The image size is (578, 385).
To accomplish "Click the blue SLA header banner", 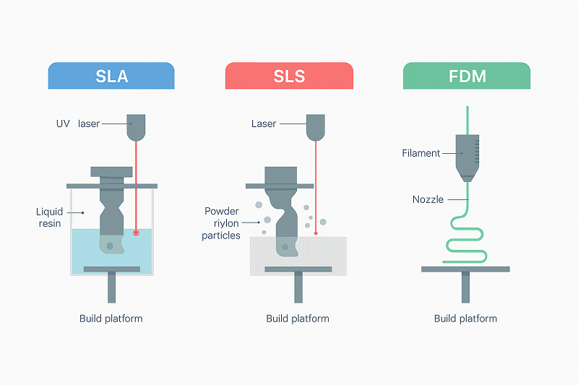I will click(x=111, y=76).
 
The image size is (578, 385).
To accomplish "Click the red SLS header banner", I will click(x=289, y=76).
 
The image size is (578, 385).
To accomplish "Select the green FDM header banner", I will click(x=466, y=76).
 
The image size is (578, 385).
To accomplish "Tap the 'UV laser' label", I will click(x=77, y=124).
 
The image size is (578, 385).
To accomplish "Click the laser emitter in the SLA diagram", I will click(x=136, y=126).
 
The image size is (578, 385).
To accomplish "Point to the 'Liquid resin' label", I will click(x=50, y=218).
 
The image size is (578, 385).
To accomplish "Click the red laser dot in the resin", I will click(x=136, y=233).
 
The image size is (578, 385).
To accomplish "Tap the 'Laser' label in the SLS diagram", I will click(x=264, y=124).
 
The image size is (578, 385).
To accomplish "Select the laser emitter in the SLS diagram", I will click(x=315, y=126).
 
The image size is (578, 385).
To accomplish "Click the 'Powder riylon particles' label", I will click(x=222, y=223).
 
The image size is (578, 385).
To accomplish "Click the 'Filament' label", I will click(x=421, y=153).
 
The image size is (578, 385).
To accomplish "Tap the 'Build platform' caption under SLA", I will click(x=111, y=319).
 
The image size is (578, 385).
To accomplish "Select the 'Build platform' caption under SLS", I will click(x=298, y=319).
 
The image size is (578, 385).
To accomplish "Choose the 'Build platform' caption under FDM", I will click(x=466, y=319).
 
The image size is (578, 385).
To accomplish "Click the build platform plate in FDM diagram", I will click(x=466, y=269).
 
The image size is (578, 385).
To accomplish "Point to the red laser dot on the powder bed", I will click(x=316, y=233).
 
